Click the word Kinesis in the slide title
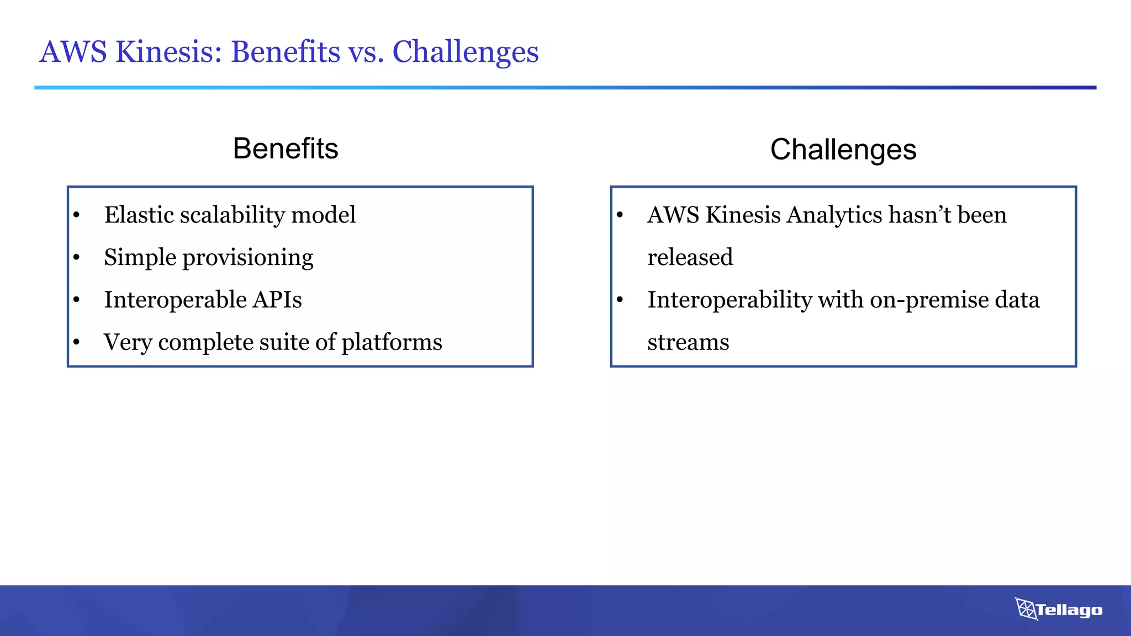tap(168, 52)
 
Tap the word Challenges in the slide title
tap(465, 52)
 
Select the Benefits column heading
tap(286, 149)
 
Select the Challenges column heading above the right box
tap(843, 150)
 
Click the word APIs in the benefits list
tap(277, 300)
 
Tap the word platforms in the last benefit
tap(392, 342)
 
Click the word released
tap(690, 257)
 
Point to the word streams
tap(688, 342)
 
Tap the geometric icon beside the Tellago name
tap(1026, 609)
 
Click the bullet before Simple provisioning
tap(76, 257)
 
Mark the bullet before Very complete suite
tap(76, 342)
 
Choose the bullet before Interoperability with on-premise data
tap(620, 300)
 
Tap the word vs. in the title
tap(366, 52)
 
